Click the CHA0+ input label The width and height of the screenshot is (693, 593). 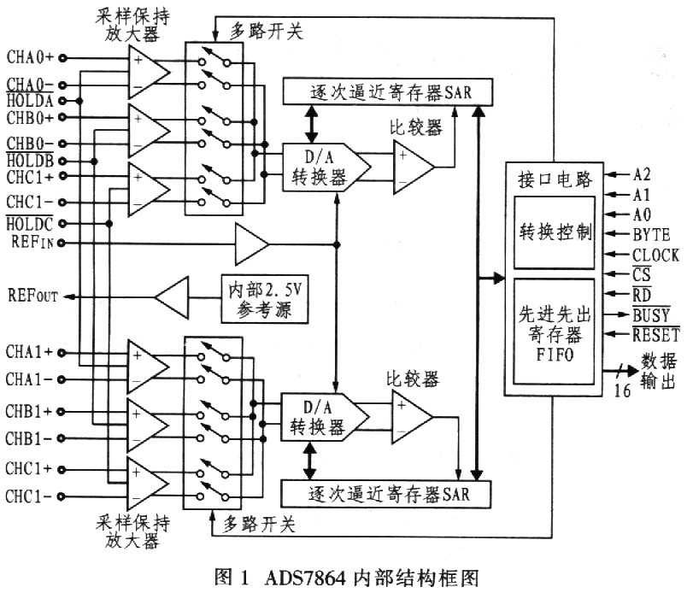pos(30,57)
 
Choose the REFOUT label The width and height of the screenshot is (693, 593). pos(32,296)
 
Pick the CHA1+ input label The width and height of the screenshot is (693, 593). pos(30,352)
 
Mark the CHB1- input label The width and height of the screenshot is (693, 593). pos(30,438)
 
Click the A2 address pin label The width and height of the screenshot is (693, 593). pos(642,173)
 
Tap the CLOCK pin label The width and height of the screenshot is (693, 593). pos(655,255)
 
